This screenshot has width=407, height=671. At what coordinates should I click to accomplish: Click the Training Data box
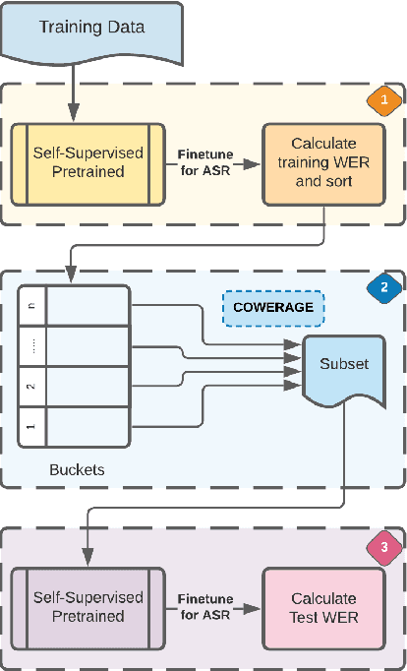pyautogui.click(x=90, y=30)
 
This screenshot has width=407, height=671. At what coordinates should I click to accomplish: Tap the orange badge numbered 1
pyautogui.click(x=383, y=100)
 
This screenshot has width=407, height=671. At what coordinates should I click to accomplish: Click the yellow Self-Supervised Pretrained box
pyautogui.click(x=87, y=163)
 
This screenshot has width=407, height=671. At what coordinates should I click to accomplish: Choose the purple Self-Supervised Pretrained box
pyautogui.click(x=87, y=607)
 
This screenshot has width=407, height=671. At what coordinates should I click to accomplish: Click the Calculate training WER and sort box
pyautogui.click(x=322, y=163)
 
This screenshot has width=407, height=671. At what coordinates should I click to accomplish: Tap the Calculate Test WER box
pyautogui.click(x=322, y=607)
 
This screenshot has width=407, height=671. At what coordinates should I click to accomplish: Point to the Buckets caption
pyautogui.click(x=77, y=470)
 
